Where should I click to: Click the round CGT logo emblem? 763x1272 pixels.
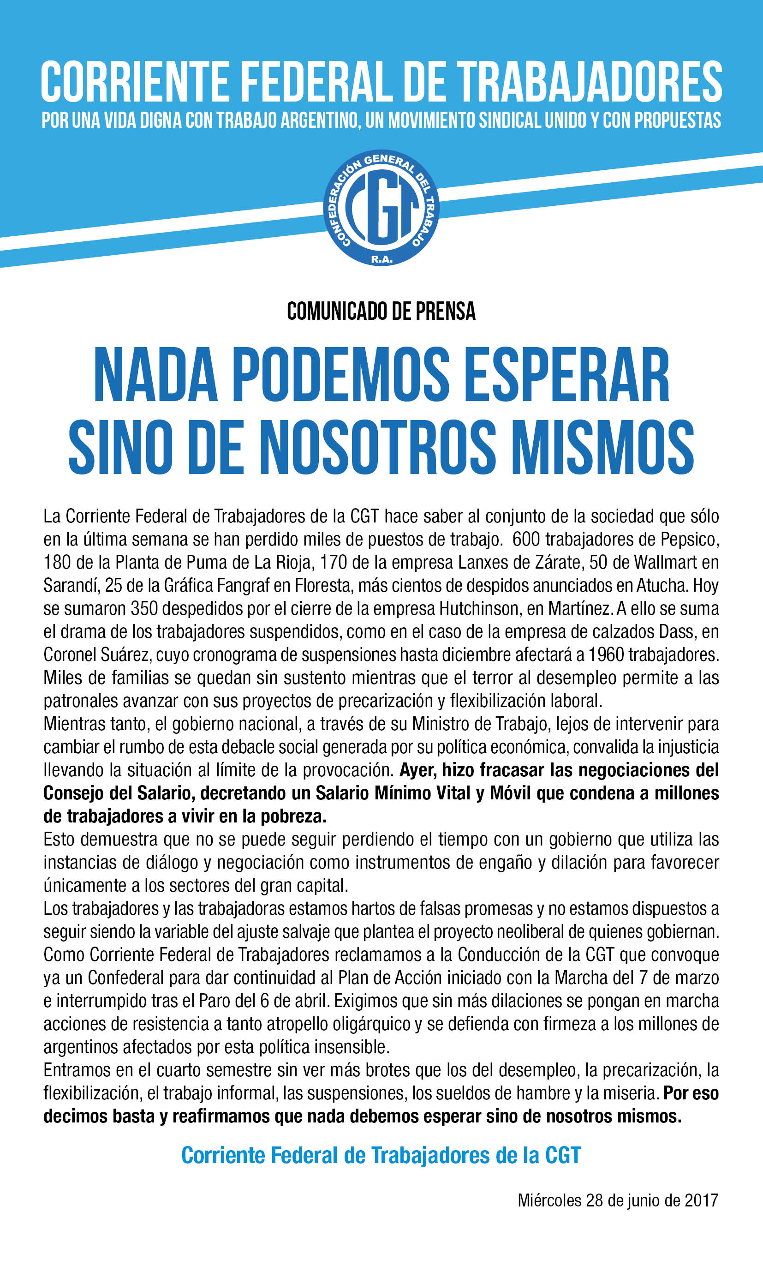pos(381,208)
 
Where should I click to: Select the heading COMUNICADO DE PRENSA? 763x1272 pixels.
pos(381,311)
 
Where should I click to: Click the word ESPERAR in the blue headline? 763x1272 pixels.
pos(569,374)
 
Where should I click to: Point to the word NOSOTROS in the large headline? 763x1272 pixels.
pos(377,446)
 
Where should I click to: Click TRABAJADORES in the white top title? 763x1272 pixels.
pos(589,82)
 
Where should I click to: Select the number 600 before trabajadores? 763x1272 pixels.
pos(526,539)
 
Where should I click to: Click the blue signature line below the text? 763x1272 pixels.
pos(381,1155)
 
